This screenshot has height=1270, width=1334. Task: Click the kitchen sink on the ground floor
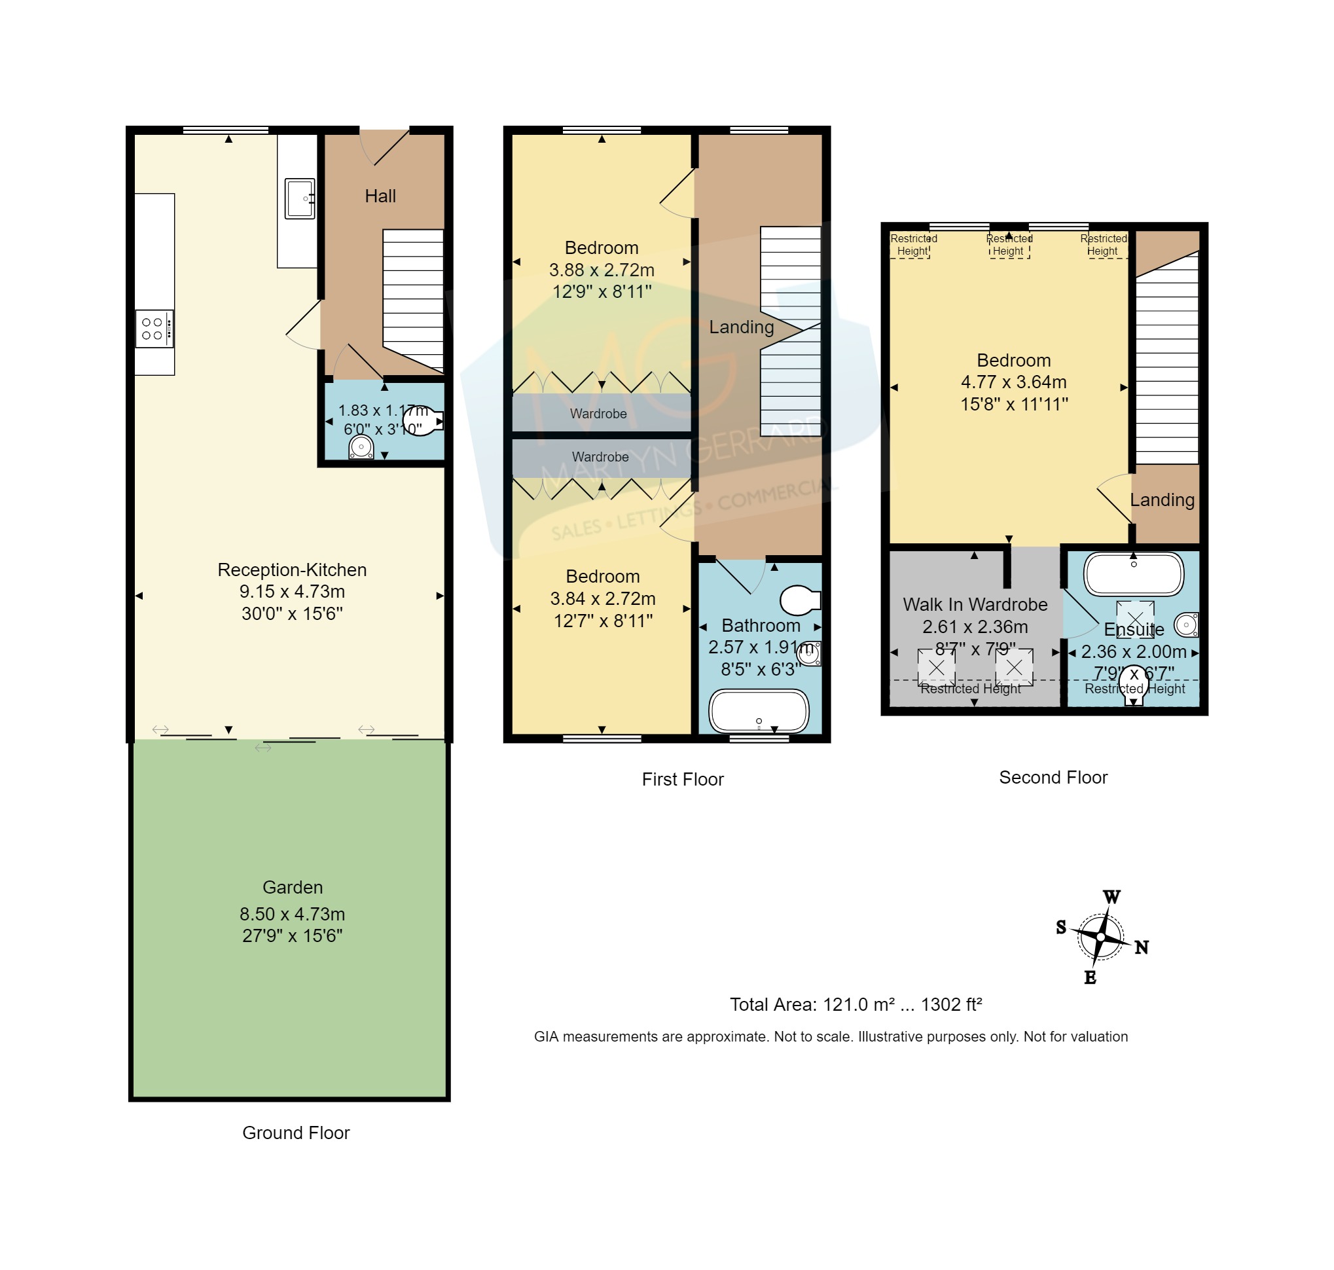point(299,198)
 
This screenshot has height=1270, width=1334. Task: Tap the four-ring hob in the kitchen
point(154,329)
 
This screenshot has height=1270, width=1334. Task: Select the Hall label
point(380,196)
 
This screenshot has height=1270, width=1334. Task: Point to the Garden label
point(293,888)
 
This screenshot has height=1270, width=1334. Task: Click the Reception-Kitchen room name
point(292,570)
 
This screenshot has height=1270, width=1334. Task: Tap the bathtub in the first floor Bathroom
point(759,712)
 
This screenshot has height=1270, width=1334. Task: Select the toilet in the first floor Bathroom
point(800,600)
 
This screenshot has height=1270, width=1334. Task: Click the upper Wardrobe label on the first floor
point(598,414)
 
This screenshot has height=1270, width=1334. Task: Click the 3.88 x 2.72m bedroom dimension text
point(602,270)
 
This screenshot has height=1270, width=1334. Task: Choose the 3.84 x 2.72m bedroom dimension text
point(602,599)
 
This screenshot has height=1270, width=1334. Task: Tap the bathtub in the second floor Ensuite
point(1134,574)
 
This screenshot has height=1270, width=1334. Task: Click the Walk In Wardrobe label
point(975,604)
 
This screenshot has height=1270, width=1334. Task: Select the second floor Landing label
point(1162,500)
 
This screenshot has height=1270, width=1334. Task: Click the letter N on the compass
point(1142,948)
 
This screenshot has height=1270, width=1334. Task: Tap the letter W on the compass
point(1112,898)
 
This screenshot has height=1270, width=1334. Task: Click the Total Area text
point(856,1005)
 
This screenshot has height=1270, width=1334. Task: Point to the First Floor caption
point(682,780)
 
